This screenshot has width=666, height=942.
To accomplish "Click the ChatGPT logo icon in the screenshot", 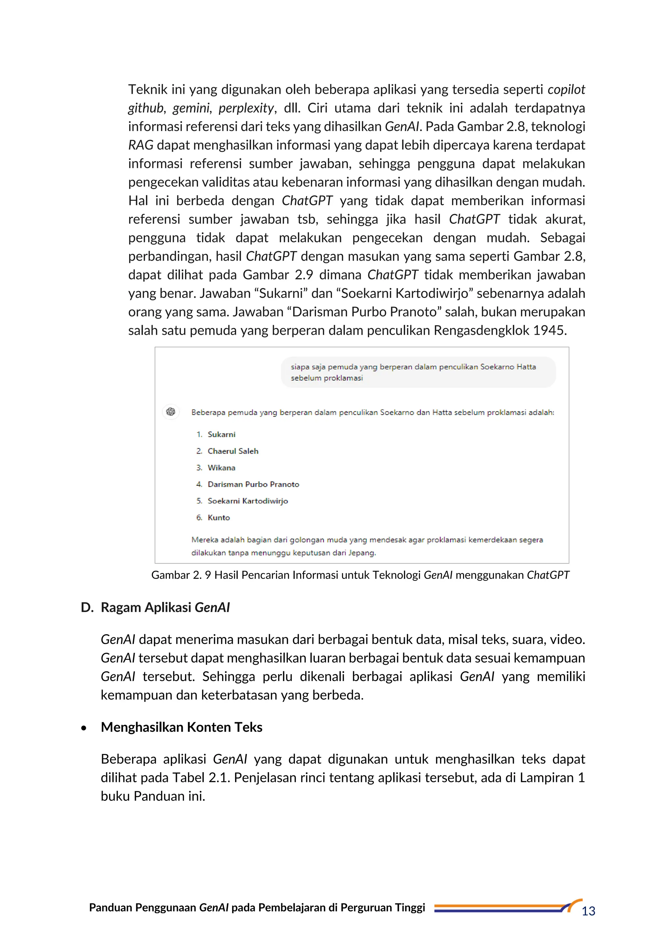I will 171,412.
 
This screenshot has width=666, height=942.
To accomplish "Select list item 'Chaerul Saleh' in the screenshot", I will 233,451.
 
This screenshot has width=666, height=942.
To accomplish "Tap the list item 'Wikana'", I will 221,468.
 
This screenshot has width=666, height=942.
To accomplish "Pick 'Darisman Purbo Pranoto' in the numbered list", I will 253,484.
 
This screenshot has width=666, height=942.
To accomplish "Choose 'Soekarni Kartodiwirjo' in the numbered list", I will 248,501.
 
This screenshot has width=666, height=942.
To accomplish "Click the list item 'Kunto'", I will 219,518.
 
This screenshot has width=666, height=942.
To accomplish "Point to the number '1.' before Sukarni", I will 199,434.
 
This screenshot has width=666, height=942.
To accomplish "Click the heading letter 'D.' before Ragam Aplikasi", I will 87,608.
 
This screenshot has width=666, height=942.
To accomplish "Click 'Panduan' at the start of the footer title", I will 110,908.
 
